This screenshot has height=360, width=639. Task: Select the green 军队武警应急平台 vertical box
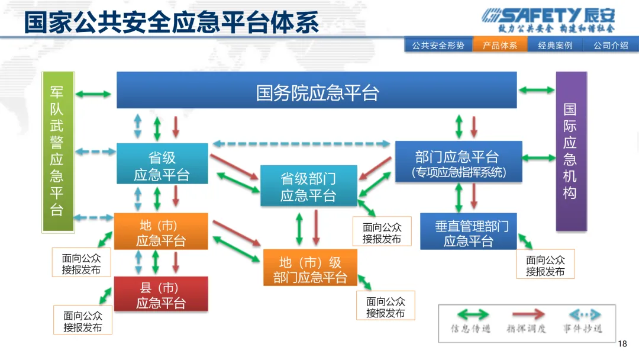point(57,152)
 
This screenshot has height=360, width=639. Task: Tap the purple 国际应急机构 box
point(571,151)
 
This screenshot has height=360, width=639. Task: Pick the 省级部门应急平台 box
point(308,185)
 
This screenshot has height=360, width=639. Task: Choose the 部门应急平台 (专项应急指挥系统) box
point(459,161)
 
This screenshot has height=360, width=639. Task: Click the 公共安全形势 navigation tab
point(438,45)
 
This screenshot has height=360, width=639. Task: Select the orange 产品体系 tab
point(500,45)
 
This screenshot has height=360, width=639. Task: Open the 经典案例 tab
point(555,45)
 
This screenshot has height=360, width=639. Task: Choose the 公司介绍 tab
point(611,45)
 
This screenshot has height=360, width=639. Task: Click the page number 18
point(622,343)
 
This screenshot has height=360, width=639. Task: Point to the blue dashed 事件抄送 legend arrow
point(582,315)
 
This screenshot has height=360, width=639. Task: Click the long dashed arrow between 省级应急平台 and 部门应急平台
point(302,143)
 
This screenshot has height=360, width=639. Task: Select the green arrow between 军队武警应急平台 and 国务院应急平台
point(95,94)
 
